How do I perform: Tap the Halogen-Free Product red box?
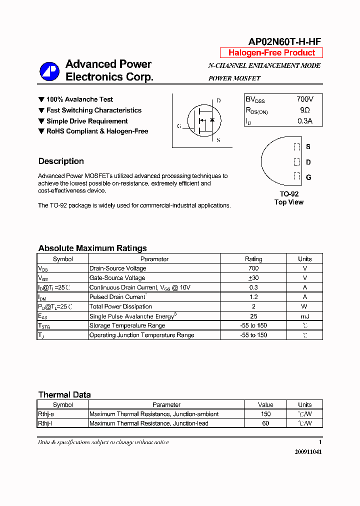click(271, 53)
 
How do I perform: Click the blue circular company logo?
click(49, 71)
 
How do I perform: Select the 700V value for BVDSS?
click(304, 99)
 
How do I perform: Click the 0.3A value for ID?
click(304, 120)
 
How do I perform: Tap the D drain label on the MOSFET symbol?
click(218, 101)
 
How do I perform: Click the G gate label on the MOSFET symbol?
click(179, 126)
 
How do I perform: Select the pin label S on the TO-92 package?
click(308, 147)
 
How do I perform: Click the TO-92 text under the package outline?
click(288, 194)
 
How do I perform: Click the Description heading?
click(61, 161)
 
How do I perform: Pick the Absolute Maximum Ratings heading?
click(92, 248)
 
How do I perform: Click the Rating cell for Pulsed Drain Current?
click(253, 297)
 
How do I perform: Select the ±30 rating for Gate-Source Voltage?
click(253, 278)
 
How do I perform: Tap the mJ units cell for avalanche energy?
click(304, 316)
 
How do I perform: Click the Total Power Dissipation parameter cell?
click(120, 306)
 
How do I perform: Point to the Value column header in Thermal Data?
click(265, 404)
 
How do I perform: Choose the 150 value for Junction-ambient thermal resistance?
click(265, 414)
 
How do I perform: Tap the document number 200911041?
click(308, 451)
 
